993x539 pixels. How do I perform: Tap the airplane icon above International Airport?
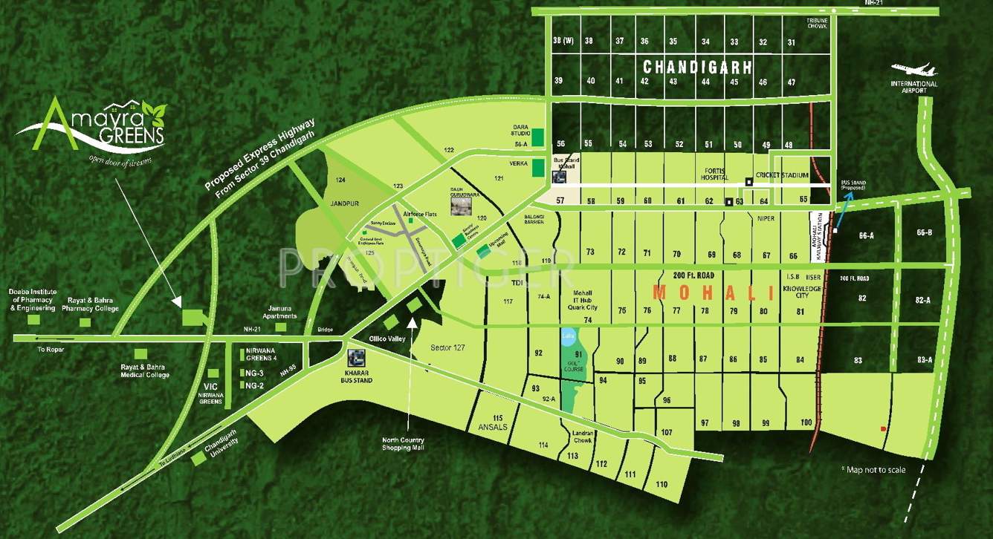[x=915, y=70]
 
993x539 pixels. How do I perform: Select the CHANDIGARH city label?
[x=697, y=67]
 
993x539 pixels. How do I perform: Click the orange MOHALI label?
[x=713, y=293]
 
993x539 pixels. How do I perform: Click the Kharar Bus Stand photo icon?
[x=355, y=359]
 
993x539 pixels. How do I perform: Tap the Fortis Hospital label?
[x=715, y=171]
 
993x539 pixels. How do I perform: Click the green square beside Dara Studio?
[x=538, y=138]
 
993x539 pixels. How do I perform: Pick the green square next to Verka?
[x=538, y=168]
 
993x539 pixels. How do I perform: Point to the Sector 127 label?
[x=448, y=347]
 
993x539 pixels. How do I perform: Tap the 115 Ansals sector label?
[x=488, y=422]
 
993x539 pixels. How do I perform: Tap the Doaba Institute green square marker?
[x=33, y=319]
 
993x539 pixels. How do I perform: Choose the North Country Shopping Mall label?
[x=403, y=443]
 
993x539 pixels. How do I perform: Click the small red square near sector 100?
[x=883, y=429]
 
